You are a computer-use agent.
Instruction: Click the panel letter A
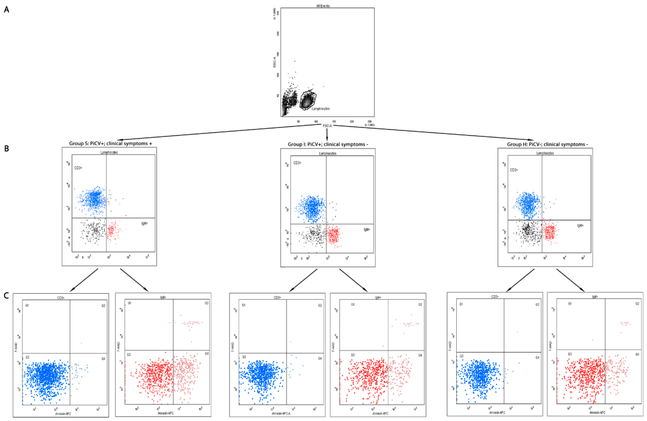pos(7,10)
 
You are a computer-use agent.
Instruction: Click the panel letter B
pos(7,148)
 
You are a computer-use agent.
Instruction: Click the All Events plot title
pos(323,6)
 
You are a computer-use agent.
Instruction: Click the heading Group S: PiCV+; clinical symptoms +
pos(110,143)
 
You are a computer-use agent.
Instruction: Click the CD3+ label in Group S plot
pos(78,168)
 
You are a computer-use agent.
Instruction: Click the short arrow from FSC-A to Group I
pos(327,134)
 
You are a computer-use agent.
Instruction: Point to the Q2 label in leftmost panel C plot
pos(103,306)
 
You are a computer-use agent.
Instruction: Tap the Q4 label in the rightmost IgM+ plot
pos(637,354)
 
